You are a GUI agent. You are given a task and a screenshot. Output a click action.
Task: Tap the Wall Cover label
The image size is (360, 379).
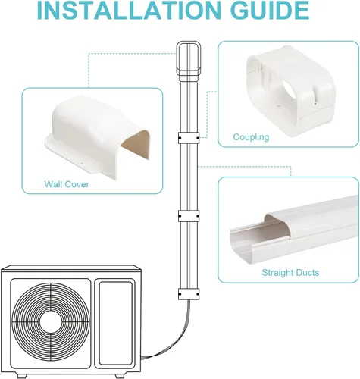[67, 184]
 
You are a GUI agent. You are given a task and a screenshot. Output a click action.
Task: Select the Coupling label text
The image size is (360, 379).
[251, 137]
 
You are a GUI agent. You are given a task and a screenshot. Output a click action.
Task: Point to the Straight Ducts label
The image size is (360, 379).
[290, 273]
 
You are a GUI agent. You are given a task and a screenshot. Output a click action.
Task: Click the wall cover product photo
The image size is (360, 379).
[97, 137]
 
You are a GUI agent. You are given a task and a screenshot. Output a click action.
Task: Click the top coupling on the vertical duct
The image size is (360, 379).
[189, 138]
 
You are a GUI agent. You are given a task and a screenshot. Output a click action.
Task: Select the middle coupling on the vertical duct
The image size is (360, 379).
[189, 216]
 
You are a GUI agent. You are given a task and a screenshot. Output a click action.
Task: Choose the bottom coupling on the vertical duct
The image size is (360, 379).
[189, 294]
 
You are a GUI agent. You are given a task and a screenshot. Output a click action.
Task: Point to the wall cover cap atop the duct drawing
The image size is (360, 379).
[189, 61]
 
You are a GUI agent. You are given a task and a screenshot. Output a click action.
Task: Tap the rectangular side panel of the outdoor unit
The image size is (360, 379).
[115, 324]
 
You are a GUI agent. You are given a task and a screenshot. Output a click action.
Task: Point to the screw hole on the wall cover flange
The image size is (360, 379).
[81, 163]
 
